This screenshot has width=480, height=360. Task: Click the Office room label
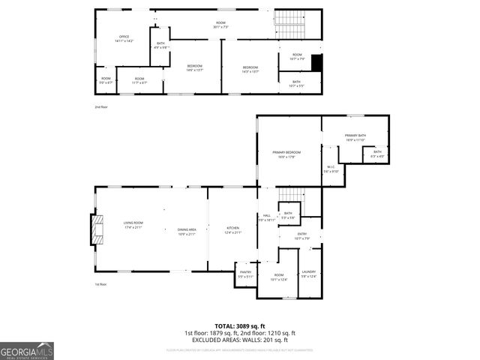click(124, 39)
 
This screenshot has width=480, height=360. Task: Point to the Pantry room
click(245, 274)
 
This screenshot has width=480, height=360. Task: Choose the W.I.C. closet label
click(331, 169)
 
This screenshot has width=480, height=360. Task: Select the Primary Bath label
click(355, 137)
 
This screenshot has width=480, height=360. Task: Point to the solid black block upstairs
click(316, 64)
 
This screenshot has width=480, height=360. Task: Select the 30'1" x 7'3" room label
click(220, 25)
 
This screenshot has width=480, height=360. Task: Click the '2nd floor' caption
click(101, 107)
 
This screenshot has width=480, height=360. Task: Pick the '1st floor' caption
click(101, 285)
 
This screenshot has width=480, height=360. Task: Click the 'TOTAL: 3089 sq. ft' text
click(240, 326)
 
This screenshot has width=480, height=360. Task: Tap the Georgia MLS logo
click(27, 351)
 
